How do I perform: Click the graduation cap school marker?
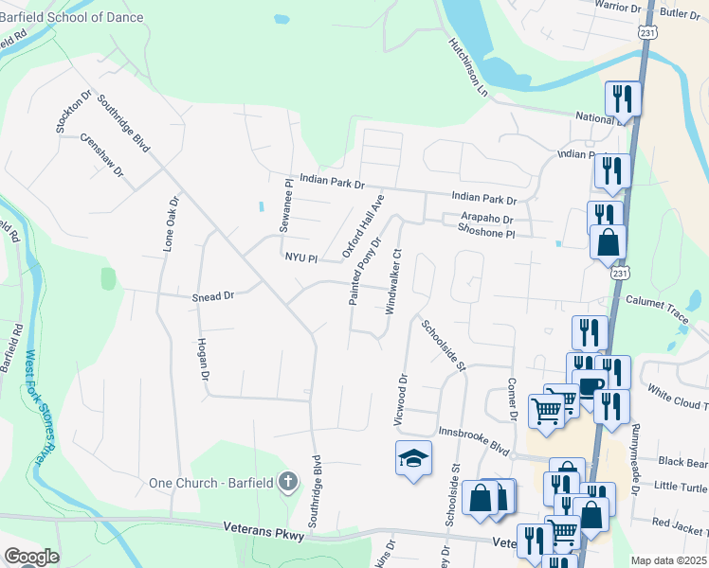412,459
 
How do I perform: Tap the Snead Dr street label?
212,295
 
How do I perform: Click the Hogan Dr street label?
203,360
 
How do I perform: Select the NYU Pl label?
299,257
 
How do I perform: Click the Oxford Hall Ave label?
363,227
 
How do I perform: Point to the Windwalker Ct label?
396,281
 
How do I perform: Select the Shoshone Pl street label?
485,232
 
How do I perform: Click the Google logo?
31,557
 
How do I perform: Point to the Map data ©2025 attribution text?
668,560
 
